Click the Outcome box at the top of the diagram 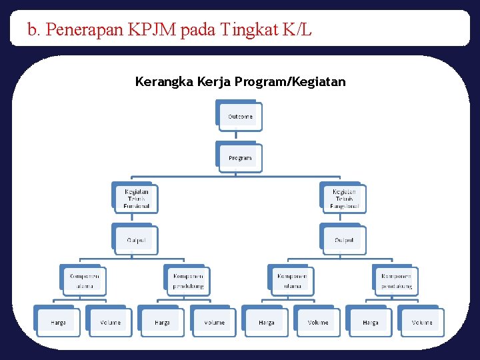tap(240, 117)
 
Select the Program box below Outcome tap(240, 158)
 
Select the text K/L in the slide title tap(297, 30)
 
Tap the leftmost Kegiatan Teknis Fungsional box tap(136, 199)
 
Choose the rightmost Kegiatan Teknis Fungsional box tap(344, 199)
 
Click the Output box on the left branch tap(136, 240)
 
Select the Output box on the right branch tap(344, 240)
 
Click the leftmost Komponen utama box tap(84, 281)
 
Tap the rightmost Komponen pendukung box tap(396, 281)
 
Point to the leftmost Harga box tap(58, 323)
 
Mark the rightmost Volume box tap(421, 323)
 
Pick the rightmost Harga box tap(370, 323)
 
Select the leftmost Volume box tap(110, 323)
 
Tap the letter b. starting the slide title tap(33, 30)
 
